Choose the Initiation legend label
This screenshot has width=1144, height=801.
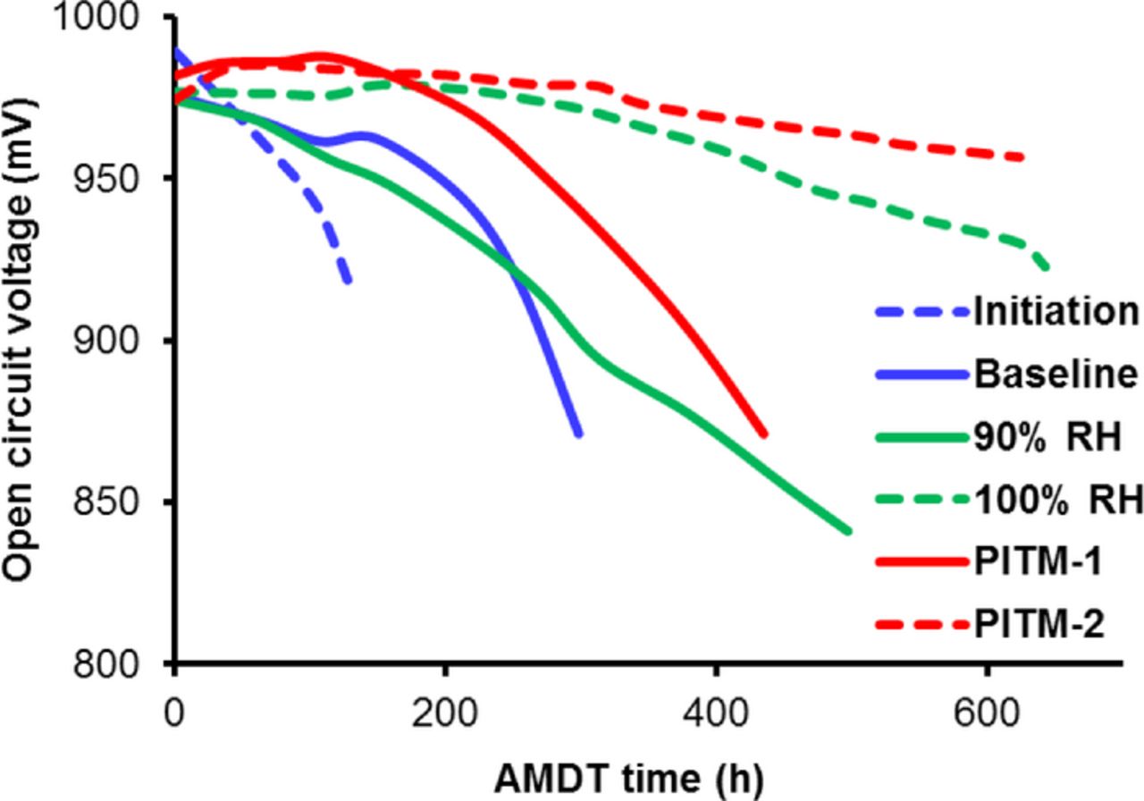(x=1056, y=312)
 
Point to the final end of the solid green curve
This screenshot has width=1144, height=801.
(x=848, y=531)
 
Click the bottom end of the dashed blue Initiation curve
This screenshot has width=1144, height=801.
(x=348, y=282)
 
